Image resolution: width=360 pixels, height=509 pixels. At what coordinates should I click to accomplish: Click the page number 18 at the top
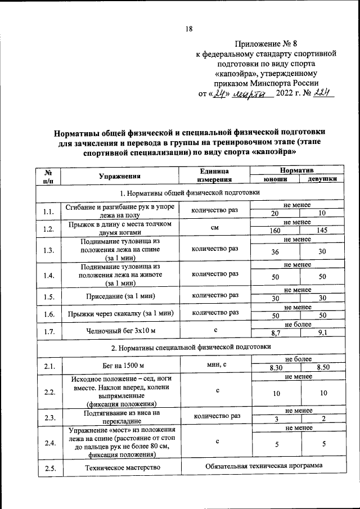(x=190, y=30)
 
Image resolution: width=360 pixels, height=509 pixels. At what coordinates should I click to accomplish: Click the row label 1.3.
(x=48, y=251)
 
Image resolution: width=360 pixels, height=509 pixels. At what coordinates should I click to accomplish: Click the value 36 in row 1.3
(x=275, y=252)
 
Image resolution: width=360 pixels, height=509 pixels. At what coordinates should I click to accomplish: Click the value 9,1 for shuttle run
(x=323, y=334)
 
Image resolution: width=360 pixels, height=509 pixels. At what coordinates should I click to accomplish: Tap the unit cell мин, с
(x=217, y=364)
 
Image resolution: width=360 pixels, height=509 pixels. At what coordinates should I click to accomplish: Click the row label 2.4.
(x=48, y=443)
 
